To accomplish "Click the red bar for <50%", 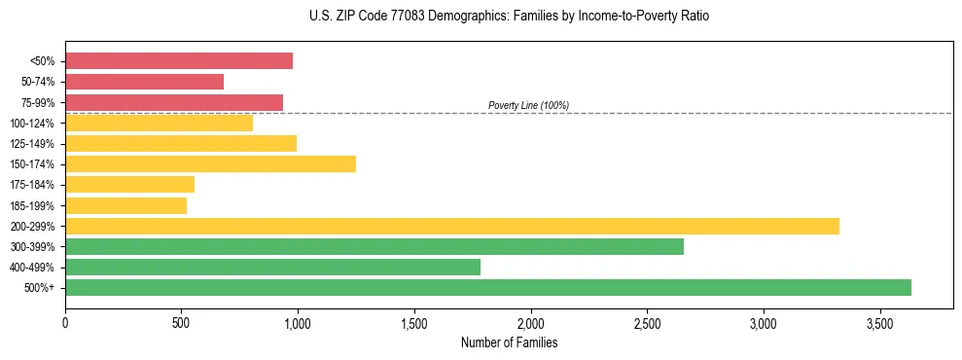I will coord(179,61).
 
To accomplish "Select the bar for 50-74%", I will coord(144,82).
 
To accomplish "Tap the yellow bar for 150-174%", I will coord(210,163).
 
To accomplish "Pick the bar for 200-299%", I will coord(452,226).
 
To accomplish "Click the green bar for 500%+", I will coord(488,287).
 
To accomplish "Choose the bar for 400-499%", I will coord(272,267).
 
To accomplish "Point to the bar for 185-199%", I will coord(125,205).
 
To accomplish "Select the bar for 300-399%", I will coord(374,246).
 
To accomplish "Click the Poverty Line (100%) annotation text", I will coord(528,105).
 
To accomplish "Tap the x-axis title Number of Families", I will coord(509,342).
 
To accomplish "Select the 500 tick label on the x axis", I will coord(181,321).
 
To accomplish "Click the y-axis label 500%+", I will coord(40,288).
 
